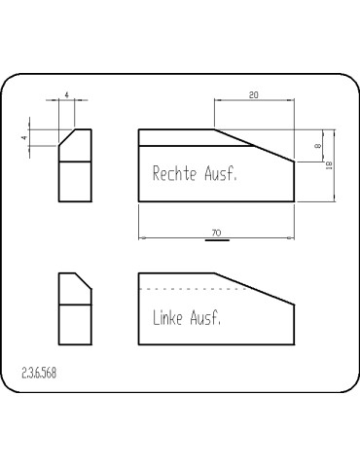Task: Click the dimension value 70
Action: tap(216, 233)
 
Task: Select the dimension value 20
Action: tap(254, 95)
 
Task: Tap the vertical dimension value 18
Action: tap(329, 165)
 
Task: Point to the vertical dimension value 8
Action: tap(318, 146)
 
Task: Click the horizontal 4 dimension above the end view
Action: tap(66, 95)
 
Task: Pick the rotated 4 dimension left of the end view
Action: tap(24, 138)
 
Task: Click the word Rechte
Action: tap(174, 173)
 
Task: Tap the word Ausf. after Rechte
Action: tap(221, 173)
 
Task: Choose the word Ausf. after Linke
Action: tap(205, 317)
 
